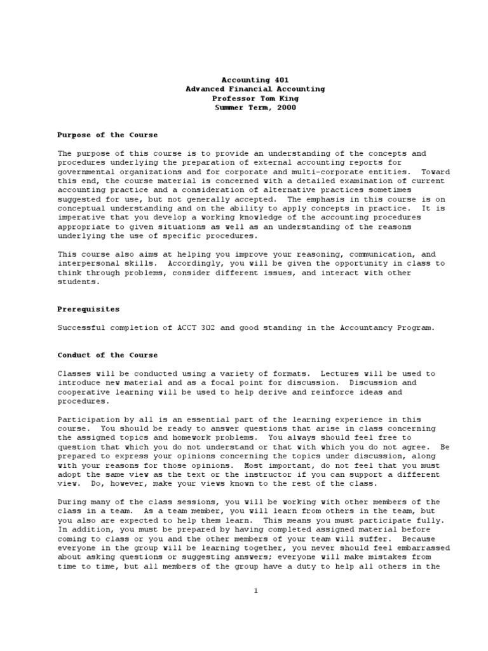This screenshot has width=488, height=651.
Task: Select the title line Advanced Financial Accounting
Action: (x=255, y=89)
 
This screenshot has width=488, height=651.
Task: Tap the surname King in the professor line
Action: (x=287, y=99)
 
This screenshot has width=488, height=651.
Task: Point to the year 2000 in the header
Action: (x=286, y=107)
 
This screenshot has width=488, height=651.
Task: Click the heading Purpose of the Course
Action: (x=107, y=135)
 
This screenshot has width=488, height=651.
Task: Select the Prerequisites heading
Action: (x=88, y=310)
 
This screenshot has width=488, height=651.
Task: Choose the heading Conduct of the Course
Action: (x=107, y=355)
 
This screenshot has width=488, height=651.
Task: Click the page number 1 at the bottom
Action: (x=255, y=591)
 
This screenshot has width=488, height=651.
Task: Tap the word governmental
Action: (x=86, y=172)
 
